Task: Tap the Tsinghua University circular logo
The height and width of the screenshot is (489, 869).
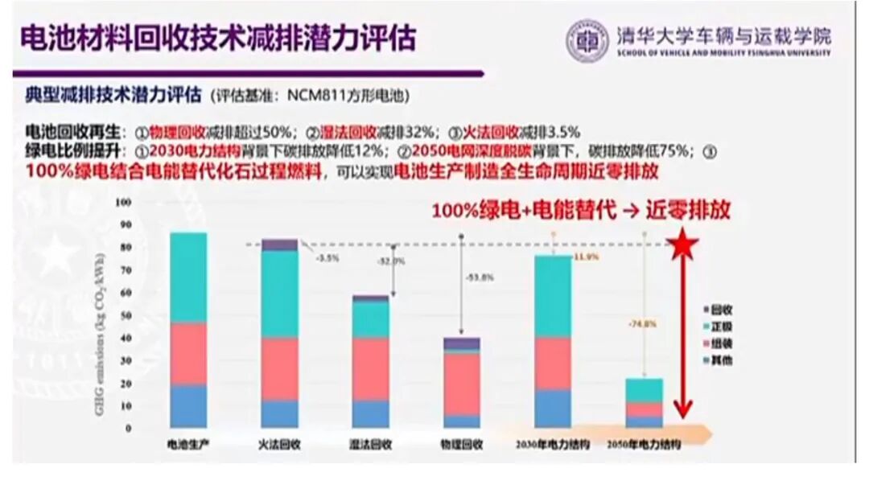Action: click(587, 40)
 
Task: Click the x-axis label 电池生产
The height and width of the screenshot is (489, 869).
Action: click(187, 444)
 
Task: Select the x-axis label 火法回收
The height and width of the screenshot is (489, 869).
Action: click(280, 444)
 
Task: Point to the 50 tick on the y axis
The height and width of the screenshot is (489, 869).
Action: click(125, 315)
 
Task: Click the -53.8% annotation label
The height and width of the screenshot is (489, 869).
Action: click(480, 277)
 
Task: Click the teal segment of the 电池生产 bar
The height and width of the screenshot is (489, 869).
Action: click(187, 277)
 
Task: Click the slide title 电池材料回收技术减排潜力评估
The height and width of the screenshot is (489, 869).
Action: click(217, 38)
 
